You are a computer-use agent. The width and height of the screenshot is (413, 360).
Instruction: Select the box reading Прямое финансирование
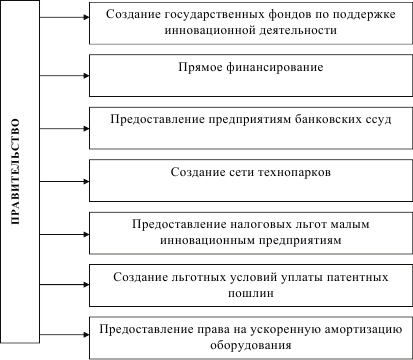pyautogui.click(x=249, y=70)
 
